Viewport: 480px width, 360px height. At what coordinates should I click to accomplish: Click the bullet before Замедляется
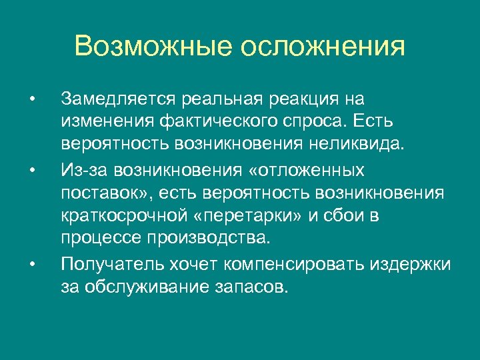[31, 100]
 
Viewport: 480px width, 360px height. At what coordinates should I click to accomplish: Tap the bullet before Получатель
[31, 263]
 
